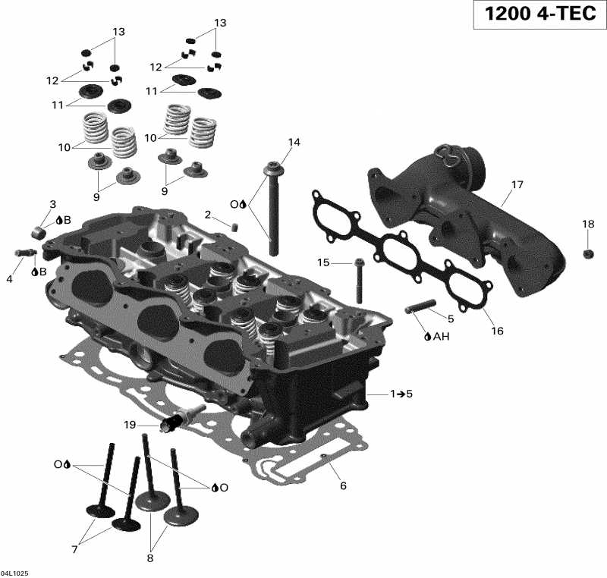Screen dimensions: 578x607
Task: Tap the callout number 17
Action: [517, 184]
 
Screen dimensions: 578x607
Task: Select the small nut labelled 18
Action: [588, 253]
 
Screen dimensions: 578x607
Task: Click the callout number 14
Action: [294, 143]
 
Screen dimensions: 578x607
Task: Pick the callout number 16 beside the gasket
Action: [498, 331]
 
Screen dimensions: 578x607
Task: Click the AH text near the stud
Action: [441, 336]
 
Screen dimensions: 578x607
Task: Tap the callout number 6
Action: [343, 485]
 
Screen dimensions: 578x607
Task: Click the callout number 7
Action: [74, 549]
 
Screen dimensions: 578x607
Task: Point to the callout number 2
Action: [207, 214]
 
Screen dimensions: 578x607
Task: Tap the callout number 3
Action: [53, 204]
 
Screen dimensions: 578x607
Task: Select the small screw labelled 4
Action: [24, 253]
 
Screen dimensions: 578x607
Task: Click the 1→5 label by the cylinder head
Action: [401, 394]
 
